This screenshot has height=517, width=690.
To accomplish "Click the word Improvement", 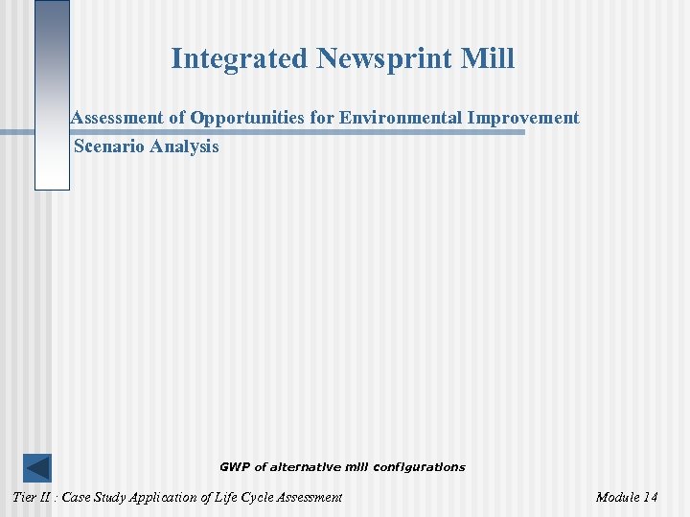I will pyautogui.click(x=525, y=118).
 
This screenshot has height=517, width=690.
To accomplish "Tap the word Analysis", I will pyautogui.click(x=184, y=146).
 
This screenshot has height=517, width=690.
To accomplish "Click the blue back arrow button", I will pyautogui.click(x=37, y=468).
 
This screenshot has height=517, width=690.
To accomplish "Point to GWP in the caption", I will pyautogui.click(x=234, y=467).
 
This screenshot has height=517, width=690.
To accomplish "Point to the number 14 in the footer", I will pyautogui.click(x=651, y=497).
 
